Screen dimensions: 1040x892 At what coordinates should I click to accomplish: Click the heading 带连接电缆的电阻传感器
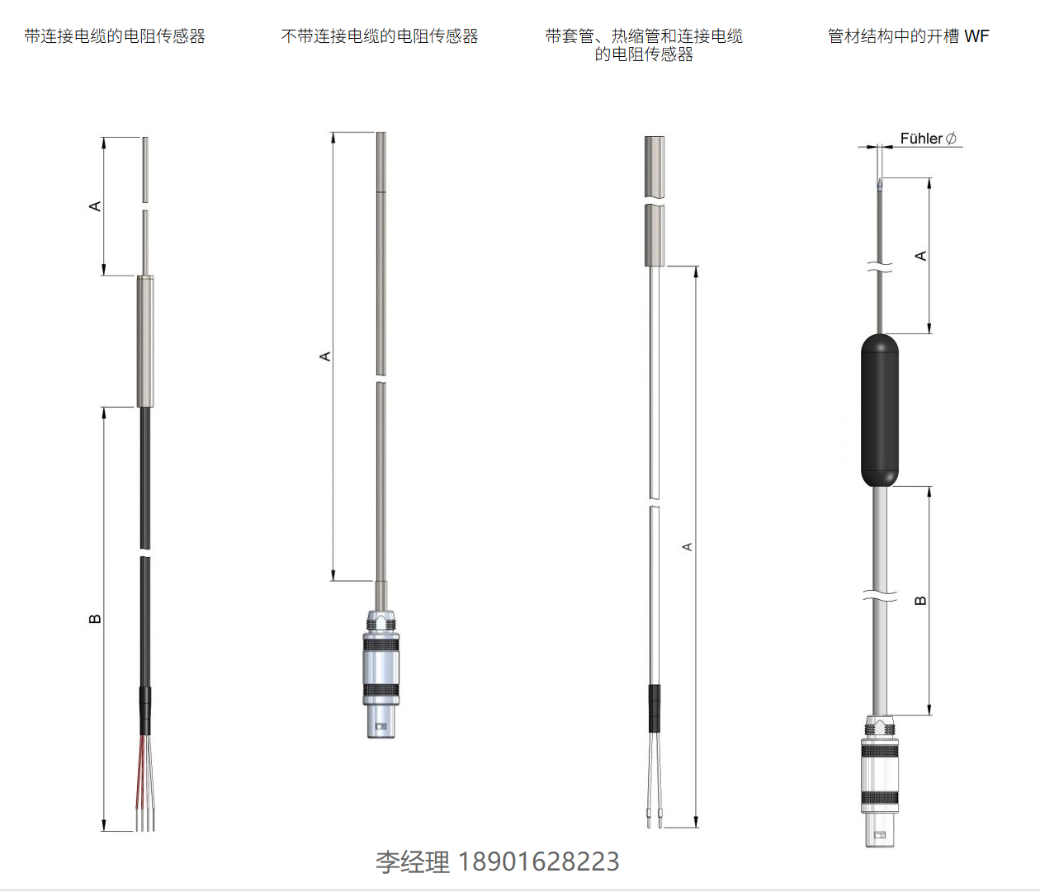pos(115,36)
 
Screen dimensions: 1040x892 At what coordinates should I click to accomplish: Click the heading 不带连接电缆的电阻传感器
pos(380,36)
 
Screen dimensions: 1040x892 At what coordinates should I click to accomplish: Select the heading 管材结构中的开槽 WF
pos(908,36)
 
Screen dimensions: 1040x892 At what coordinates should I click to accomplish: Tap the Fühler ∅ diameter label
pos(929,139)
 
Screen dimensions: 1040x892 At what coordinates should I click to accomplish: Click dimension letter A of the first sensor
pos(95,206)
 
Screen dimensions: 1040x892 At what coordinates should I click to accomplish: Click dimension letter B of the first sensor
pos(95,619)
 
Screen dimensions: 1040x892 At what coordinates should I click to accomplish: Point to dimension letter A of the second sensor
pos(325,356)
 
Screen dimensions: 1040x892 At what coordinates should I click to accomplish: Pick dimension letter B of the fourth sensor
pos(919,600)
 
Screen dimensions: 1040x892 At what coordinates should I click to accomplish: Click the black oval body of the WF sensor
pos(880,410)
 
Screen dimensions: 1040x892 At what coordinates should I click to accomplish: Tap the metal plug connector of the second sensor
pos(381,674)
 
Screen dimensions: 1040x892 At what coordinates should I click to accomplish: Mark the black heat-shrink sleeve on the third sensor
pos(654,708)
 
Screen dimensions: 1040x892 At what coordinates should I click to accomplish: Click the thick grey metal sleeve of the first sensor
pos(145,341)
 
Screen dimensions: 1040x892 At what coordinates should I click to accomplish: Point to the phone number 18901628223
pos(538,861)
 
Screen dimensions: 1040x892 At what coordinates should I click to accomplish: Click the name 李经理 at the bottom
pos(413,861)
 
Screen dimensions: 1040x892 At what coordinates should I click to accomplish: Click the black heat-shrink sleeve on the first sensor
pos(145,711)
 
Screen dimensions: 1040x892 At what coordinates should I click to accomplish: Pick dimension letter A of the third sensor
pos(688,547)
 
